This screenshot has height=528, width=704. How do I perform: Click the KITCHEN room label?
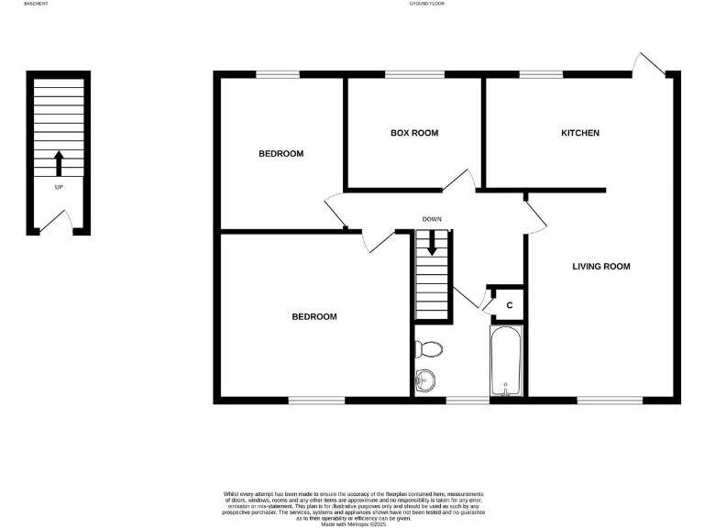tap(580, 133)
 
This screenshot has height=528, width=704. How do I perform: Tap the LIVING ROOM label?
tap(601, 267)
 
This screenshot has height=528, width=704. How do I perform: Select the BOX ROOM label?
tap(414, 133)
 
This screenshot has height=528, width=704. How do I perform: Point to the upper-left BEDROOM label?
tap(280, 153)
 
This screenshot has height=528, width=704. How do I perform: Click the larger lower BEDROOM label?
tap(314, 317)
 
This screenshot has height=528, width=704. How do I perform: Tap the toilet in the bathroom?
tap(429, 349)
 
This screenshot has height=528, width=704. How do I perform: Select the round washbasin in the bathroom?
tap(424, 379)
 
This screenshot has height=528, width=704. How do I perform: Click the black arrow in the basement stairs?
tap(60, 163)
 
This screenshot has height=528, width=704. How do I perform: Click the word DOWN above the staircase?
tap(433, 220)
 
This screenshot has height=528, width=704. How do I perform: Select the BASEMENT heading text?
tap(37, 5)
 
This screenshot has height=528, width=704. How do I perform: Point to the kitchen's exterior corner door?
tap(652, 63)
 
